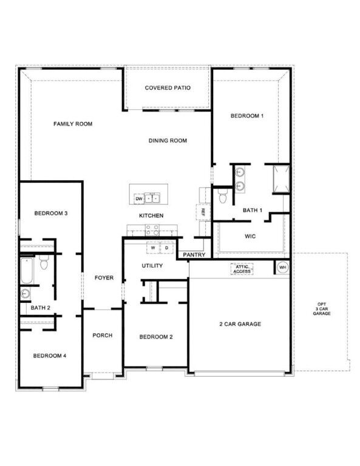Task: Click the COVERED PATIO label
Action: click(x=168, y=88)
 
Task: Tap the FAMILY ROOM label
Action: click(x=72, y=124)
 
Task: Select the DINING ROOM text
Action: click(x=168, y=141)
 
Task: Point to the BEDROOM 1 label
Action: click(x=246, y=115)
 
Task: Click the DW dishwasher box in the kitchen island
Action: click(x=139, y=198)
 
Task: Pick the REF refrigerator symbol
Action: click(x=203, y=212)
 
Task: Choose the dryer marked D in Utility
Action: click(x=166, y=248)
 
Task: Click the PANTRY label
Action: click(x=194, y=255)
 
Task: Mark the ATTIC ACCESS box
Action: click(x=242, y=269)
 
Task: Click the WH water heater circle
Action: click(x=283, y=267)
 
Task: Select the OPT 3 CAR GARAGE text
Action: click(x=321, y=309)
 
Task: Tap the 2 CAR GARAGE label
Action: click(x=240, y=324)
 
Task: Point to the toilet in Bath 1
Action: click(x=222, y=196)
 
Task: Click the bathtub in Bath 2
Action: click(x=27, y=271)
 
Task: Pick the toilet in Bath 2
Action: click(x=44, y=263)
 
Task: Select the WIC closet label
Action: click(x=251, y=235)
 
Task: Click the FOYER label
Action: click(x=104, y=278)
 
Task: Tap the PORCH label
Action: click(x=103, y=336)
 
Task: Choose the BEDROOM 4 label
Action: click(x=50, y=356)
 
